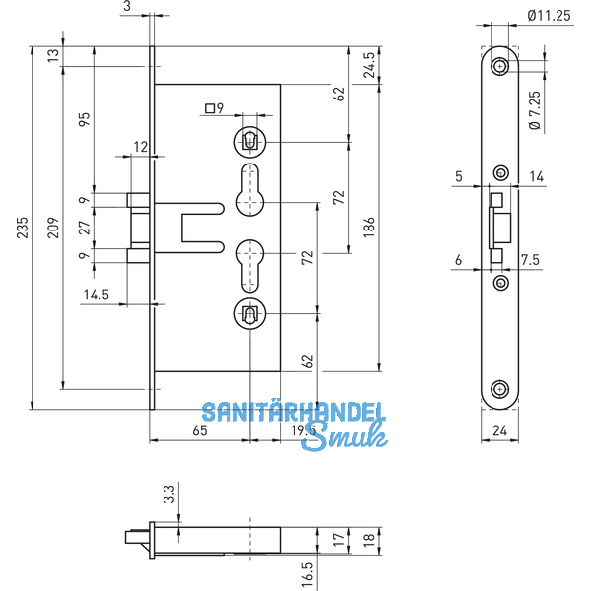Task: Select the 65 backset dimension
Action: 199,430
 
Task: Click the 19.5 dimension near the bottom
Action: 299,430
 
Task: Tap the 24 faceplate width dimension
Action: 498,430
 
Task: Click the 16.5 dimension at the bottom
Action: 308,571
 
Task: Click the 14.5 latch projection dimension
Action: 97,294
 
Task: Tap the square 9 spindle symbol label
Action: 214,109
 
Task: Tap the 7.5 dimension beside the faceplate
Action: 529,260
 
